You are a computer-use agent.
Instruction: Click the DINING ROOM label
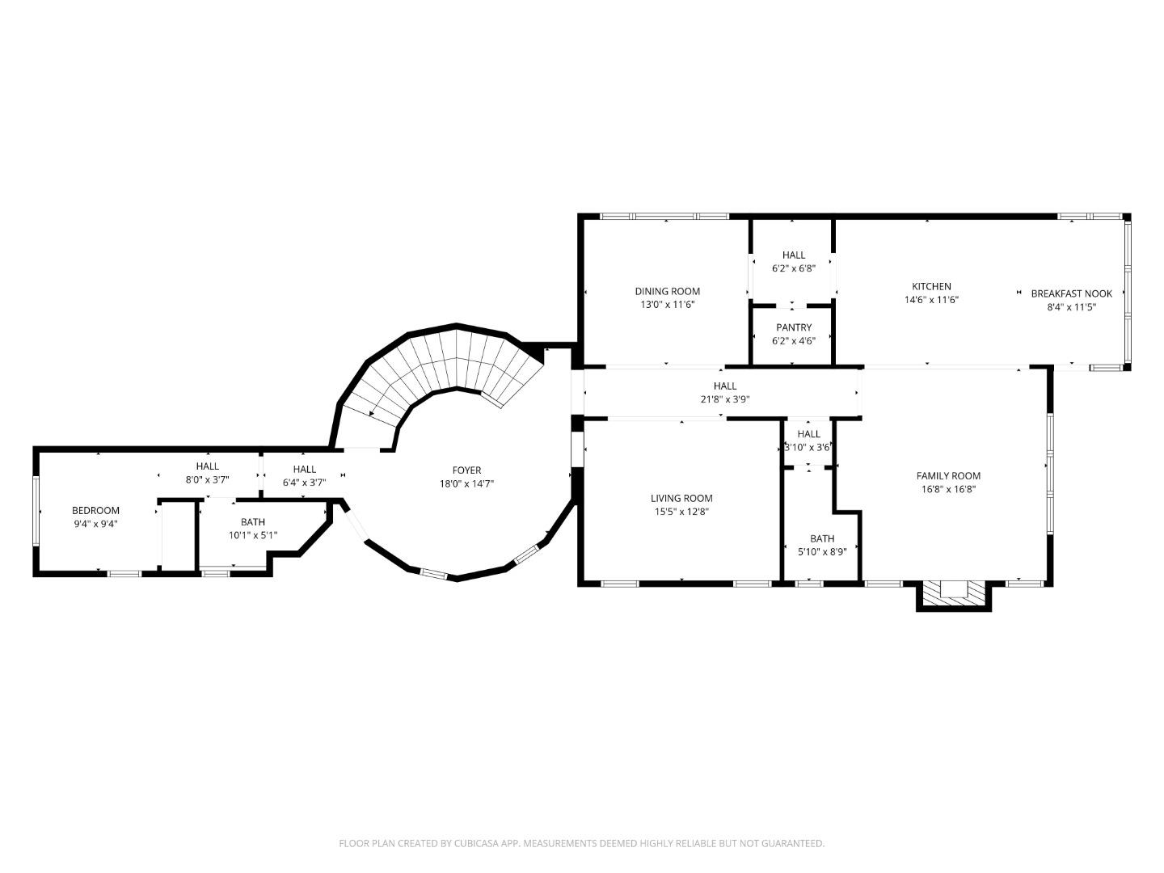(667, 291)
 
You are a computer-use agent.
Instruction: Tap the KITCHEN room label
(931, 286)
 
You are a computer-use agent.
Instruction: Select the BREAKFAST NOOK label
(1071, 293)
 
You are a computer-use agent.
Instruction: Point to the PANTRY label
(793, 327)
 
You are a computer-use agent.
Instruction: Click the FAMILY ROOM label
(948, 475)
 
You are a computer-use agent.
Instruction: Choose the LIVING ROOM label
(681, 498)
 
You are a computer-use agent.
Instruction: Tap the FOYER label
(466, 470)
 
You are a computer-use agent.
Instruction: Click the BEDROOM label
(95, 510)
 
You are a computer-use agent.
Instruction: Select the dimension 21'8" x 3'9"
(725, 399)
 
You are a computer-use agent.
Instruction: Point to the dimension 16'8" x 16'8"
(948, 488)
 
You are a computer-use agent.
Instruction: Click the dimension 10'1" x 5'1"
(252, 535)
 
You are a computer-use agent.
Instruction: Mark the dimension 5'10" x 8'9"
(822, 551)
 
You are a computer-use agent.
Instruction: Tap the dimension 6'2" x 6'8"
(793, 268)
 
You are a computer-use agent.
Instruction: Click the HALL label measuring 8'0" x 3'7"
(207, 466)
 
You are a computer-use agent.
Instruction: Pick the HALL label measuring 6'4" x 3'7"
(304, 469)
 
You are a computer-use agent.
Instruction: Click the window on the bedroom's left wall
(36, 511)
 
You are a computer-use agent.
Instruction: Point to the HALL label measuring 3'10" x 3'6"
(808, 434)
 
